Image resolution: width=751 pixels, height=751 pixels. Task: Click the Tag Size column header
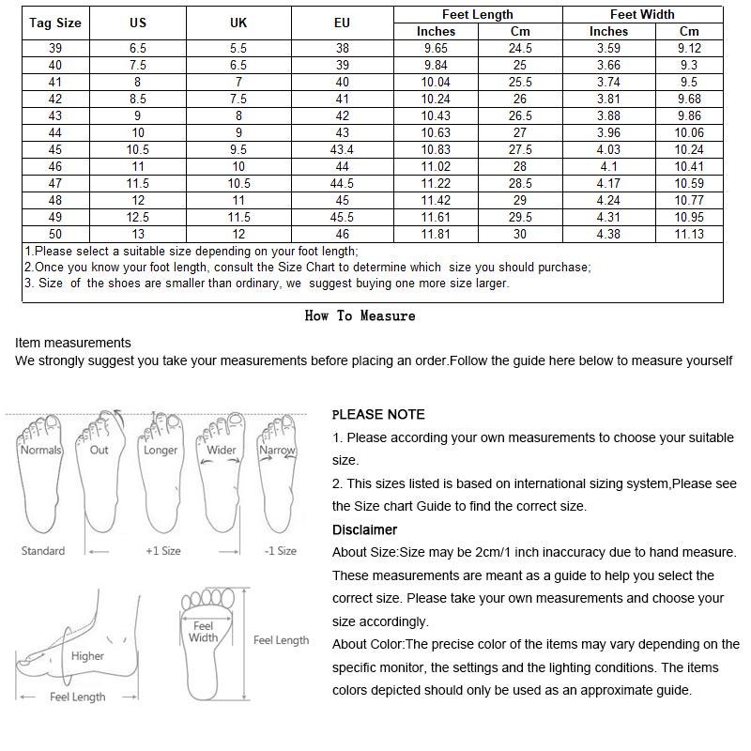pyautogui.click(x=55, y=23)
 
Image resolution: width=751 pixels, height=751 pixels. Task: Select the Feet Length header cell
pyautogui.click(x=477, y=14)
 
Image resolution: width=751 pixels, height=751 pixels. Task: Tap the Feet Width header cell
pyautogui.click(x=642, y=14)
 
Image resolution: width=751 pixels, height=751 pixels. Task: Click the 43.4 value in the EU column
pyautogui.click(x=342, y=150)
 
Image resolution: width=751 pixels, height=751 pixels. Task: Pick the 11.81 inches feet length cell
pyautogui.click(x=436, y=235)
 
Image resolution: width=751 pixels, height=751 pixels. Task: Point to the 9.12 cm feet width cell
pyautogui.click(x=689, y=49)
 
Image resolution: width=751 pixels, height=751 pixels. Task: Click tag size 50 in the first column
pyautogui.click(x=55, y=235)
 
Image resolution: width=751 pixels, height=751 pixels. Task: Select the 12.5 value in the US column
pyautogui.click(x=138, y=218)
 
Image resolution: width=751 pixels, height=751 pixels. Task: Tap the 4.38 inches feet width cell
pyautogui.click(x=608, y=235)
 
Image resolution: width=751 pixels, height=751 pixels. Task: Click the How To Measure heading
pyautogui.click(x=360, y=316)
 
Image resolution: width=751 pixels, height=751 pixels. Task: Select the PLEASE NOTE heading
pyautogui.click(x=378, y=415)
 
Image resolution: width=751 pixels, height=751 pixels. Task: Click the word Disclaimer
pyautogui.click(x=364, y=530)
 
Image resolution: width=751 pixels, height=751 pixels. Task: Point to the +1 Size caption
pyautogui.click(x=162, y=551)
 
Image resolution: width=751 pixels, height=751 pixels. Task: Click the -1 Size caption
pyautogui.click(x=280, y=551)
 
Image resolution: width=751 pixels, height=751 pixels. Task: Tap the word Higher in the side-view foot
pyautogui.click(x=87, y=656)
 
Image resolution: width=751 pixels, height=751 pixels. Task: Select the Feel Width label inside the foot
pyautogui.click(x=203, y=632)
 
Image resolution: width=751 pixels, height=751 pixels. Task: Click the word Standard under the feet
pyautogui.click(x=43, y=551)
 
